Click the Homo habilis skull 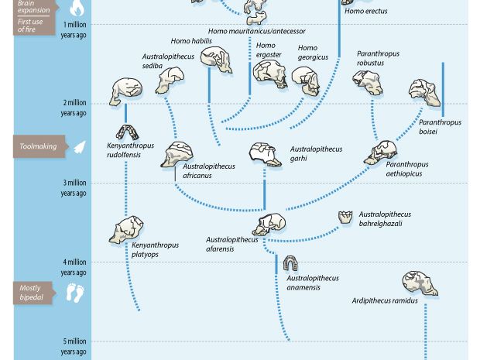[216, 60]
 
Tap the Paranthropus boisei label [440, 126]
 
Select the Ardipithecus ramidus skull [420, 283]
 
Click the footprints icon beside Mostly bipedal [74, 293]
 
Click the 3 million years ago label [74, 188]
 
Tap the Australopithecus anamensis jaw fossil [290, 264]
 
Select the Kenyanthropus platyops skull [126, 230]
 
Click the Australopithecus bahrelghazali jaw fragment [345, 218]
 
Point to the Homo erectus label [365, 12]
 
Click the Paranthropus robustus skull [367, 81]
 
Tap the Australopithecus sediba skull [170, 79]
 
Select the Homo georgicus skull [305, 80]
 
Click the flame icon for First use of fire [77, 9]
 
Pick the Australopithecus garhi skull [266, 153]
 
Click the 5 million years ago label [74, 346]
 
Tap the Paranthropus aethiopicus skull [380, 152]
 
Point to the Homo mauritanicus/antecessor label [256, 32]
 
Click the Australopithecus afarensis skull [269, 225]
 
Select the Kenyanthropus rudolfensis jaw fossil [128, 132]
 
